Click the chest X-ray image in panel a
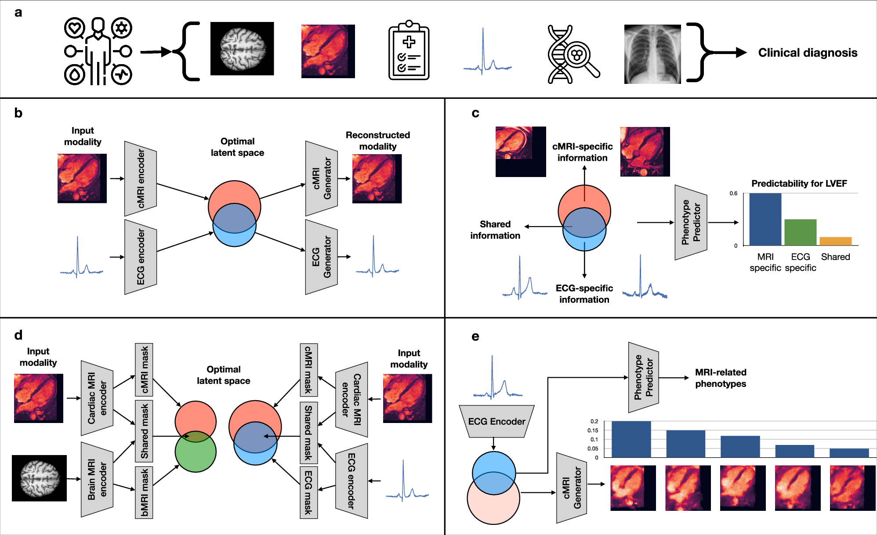point(652,54)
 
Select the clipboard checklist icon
point(409,52)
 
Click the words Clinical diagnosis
point(808,53)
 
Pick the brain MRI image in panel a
point(242,49)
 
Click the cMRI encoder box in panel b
point(141,178)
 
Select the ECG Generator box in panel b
point(321,257)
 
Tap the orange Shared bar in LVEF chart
point(835,241)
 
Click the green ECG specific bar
point(800,232)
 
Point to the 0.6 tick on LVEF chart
point(733,193)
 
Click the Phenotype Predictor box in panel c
point(691,222)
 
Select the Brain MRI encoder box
point(97,480)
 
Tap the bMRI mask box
point(144,492)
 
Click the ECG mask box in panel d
point(308,492)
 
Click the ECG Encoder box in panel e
point(496,421)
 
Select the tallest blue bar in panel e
point(631,439)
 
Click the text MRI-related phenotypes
point(720,378)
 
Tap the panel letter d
point(18,336)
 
